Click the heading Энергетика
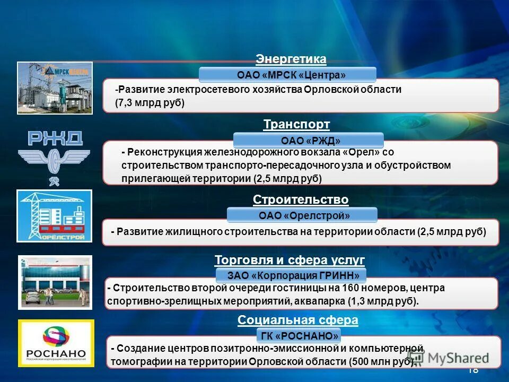291,58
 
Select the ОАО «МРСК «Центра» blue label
287,74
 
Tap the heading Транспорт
296,124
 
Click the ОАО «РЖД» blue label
308,140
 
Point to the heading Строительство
301,199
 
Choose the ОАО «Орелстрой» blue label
302,215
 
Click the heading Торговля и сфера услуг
289,260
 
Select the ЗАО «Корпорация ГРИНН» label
291,275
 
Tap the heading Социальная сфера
297,320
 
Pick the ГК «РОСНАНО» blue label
299,336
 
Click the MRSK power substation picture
55,87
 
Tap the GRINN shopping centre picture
55,281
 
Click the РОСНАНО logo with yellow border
56,343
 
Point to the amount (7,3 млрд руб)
150,103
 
